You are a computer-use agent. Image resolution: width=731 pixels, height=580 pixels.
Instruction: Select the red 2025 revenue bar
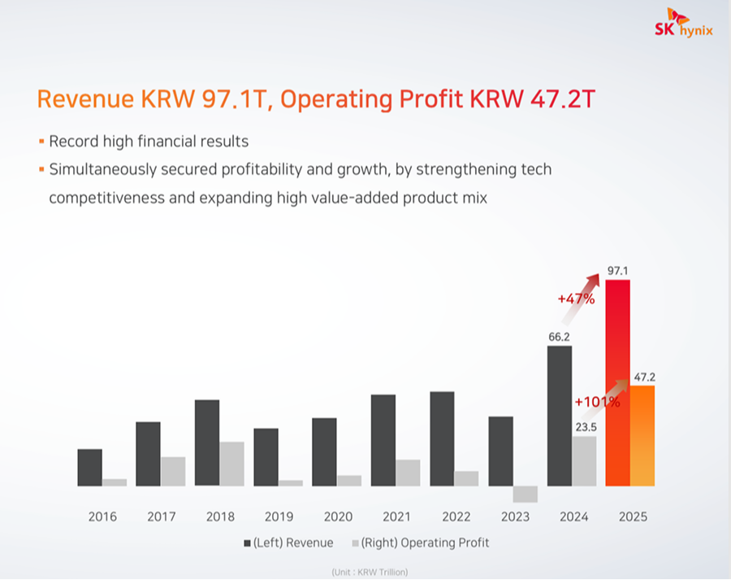click(x=618, y=382)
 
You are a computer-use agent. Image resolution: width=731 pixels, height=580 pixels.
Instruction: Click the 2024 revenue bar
click(x=560, y=416)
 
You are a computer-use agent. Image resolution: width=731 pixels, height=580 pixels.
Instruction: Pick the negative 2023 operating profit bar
click(x=526, y=494)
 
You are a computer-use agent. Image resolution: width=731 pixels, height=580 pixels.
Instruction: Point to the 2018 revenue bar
click(x=207, y=443)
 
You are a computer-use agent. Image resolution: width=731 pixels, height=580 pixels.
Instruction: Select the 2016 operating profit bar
click(x=115, y=482)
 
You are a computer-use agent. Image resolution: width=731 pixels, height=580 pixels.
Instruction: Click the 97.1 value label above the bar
click(x=621, y=268)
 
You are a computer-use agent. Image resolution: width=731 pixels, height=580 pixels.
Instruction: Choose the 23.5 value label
click(x=585, y=426)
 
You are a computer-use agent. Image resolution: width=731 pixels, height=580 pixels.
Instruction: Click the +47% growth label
click(x=576, y=299)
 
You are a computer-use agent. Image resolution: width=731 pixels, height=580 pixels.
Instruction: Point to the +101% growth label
click(x=597, y=401)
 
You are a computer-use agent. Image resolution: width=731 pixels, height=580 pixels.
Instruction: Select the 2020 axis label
click(x=338, y=517)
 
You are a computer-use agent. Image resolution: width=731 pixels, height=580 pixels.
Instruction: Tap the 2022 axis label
click(x=456, y=517)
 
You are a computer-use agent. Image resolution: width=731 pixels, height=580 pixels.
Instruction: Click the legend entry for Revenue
click(x=288, y=543)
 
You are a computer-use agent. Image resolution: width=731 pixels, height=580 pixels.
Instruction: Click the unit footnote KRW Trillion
click(x=370, y=573)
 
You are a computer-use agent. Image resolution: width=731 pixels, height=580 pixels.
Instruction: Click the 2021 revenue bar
click(x=383, y=440)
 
